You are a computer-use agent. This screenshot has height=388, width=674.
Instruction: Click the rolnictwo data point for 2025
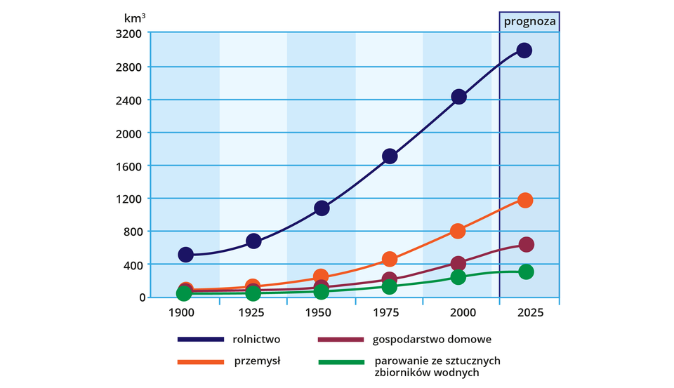coord(524,51)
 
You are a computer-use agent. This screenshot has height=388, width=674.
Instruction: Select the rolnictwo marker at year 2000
coord(458,97)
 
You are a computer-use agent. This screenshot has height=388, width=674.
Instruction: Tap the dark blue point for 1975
coord(390,156)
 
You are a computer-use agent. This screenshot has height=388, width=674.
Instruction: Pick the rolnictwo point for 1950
coord(322,208)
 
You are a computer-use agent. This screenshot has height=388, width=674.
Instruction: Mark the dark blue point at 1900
coord(185,255)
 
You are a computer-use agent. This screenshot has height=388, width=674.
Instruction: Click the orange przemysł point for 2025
coord(525,200)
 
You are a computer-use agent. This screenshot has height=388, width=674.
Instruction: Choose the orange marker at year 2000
coord(458,231)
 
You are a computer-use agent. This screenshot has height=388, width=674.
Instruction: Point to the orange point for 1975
coord(390,259)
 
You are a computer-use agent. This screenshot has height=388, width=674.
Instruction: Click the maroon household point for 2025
coord(526,244)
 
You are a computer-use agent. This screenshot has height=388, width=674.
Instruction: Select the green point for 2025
coord(526,272)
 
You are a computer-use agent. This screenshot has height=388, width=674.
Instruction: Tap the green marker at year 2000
coord(458,277)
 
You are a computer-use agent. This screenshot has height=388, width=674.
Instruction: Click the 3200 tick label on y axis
coord(131,34)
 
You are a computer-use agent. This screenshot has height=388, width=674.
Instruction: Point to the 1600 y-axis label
coord(131,166)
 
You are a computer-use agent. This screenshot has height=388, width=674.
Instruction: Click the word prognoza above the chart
coord(530,22)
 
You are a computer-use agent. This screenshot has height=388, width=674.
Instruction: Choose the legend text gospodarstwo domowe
coord(435,340)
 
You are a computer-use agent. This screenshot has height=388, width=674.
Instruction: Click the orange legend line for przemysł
coord(201,362)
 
